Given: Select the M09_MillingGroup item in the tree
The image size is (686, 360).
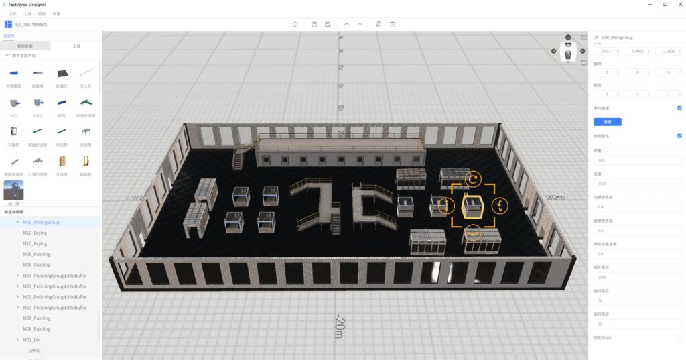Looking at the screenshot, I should [42, 222].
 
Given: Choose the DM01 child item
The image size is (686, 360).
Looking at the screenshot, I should [34, 350].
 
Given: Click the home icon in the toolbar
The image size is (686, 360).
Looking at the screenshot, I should [295, 24].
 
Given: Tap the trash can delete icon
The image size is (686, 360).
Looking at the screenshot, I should [393, 24].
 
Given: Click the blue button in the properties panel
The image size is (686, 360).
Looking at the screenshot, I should [607, 122].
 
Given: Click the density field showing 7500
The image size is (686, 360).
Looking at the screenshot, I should [636, 184].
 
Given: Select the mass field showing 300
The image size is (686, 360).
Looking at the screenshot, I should [636, 160].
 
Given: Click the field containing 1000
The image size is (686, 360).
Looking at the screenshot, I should [636, 277].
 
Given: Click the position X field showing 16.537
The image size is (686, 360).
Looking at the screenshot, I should [607, 51].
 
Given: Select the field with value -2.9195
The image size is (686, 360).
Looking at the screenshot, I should [668, 51].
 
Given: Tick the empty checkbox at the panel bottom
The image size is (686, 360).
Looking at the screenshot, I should [679, 337].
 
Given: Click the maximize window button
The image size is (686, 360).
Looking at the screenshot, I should [665, 4].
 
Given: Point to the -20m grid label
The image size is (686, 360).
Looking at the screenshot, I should [340, 327].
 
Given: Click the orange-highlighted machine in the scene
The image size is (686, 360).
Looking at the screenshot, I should [474, 206].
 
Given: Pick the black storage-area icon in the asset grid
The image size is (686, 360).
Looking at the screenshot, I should [62, 74].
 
